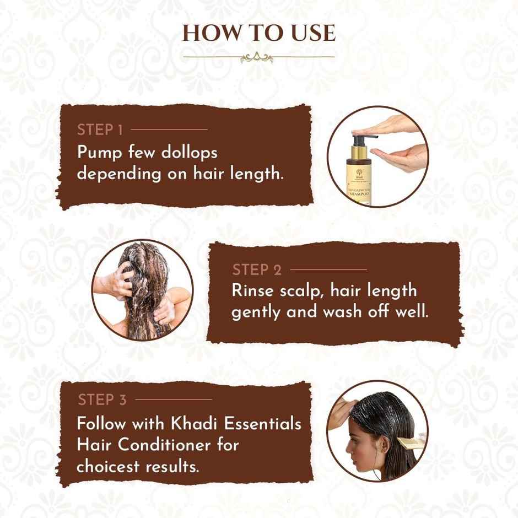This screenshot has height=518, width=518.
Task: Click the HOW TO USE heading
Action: click(x=258, y=33)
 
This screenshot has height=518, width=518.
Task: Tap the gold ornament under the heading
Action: click(x=258, y=56)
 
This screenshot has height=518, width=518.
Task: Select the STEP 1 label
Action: click(x=100, y=130)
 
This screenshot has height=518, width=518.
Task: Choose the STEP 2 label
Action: click(x=257, y=270)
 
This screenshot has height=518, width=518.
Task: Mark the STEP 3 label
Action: click(x=102, y=400)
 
